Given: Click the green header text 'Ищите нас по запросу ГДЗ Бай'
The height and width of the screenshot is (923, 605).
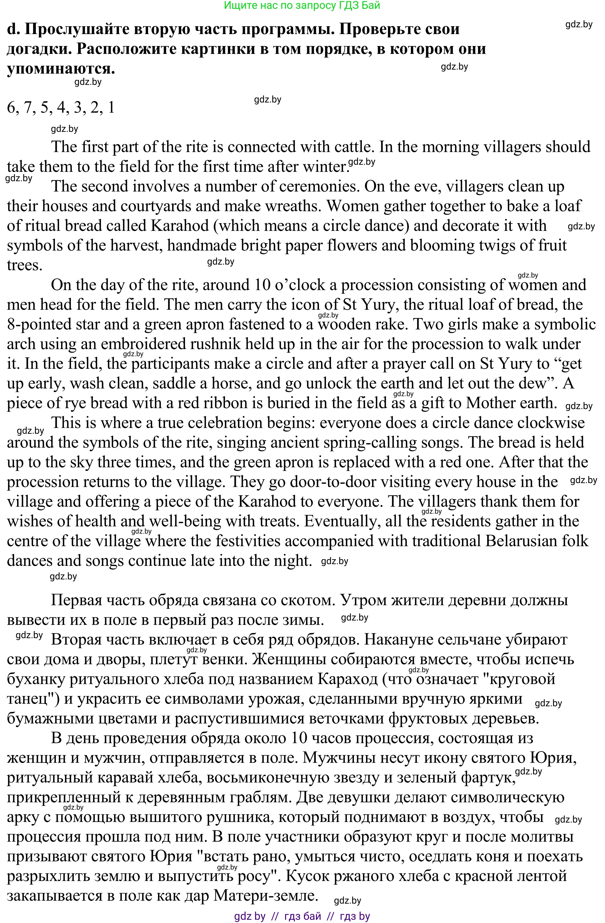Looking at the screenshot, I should (302, 5).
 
